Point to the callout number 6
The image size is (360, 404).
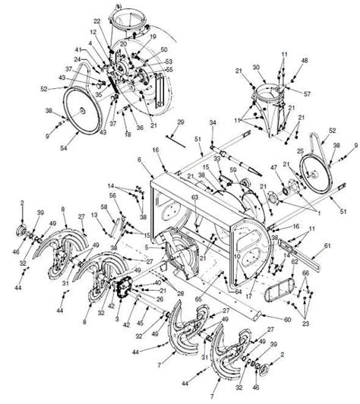tap(140, 159)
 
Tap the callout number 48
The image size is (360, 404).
tap(305, 60)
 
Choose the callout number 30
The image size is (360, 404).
tap(256, 66)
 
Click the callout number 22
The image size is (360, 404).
tap(96, 21)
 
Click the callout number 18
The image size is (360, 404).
tap(128, 134)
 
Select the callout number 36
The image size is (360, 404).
tap(139, 128)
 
